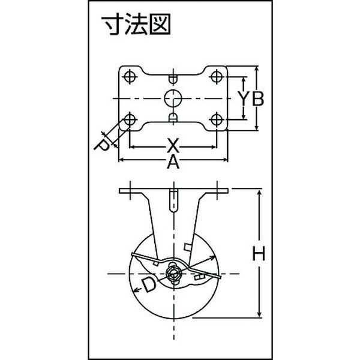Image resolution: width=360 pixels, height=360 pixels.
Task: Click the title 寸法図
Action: click(x=136, y=24)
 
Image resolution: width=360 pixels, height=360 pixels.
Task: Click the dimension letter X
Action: click(x=173, y=146)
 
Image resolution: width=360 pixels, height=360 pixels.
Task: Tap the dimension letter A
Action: click(x=173, y=163)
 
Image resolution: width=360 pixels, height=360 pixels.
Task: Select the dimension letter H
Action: click(x=259, y=253)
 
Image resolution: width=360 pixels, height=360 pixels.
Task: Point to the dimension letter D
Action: click(x=148, y=284)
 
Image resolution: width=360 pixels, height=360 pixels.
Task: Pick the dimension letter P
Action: click(x=102, y=146)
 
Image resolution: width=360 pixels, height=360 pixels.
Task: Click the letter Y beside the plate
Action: click(x=244, y=98)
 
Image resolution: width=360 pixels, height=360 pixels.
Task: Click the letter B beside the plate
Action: click(x=257, y=98)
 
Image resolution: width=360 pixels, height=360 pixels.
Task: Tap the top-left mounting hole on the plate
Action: click(x=130, y=76)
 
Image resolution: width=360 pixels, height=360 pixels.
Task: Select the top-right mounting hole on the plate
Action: click(x=216, y=76)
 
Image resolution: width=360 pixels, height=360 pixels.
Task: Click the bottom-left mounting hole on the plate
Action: click(x=130, y=119)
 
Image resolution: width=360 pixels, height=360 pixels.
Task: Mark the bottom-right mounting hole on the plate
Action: click(x=216, y=119)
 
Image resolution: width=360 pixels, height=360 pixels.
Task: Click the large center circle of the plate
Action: click(x=173, y=98)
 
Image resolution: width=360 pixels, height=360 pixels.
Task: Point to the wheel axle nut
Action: click(x=173, y=274)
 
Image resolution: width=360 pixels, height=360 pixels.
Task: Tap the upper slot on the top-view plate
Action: click(x=173, y=79)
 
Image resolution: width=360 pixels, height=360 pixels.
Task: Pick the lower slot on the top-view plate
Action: click(x=173, y=117)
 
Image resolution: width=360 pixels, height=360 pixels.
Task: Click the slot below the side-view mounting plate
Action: click(x=174, y=200)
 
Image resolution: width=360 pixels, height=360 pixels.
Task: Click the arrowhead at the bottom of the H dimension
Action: click(x=259, y=314)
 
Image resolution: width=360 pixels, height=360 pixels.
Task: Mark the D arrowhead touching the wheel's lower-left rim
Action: click(x=136, y=290)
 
